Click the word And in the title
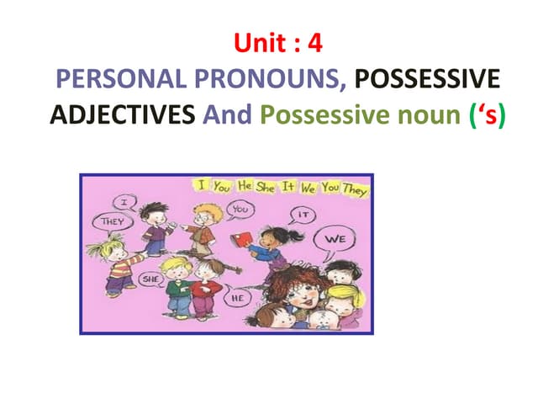(228, 115)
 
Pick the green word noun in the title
(415, 115)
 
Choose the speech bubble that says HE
(238, 296)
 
